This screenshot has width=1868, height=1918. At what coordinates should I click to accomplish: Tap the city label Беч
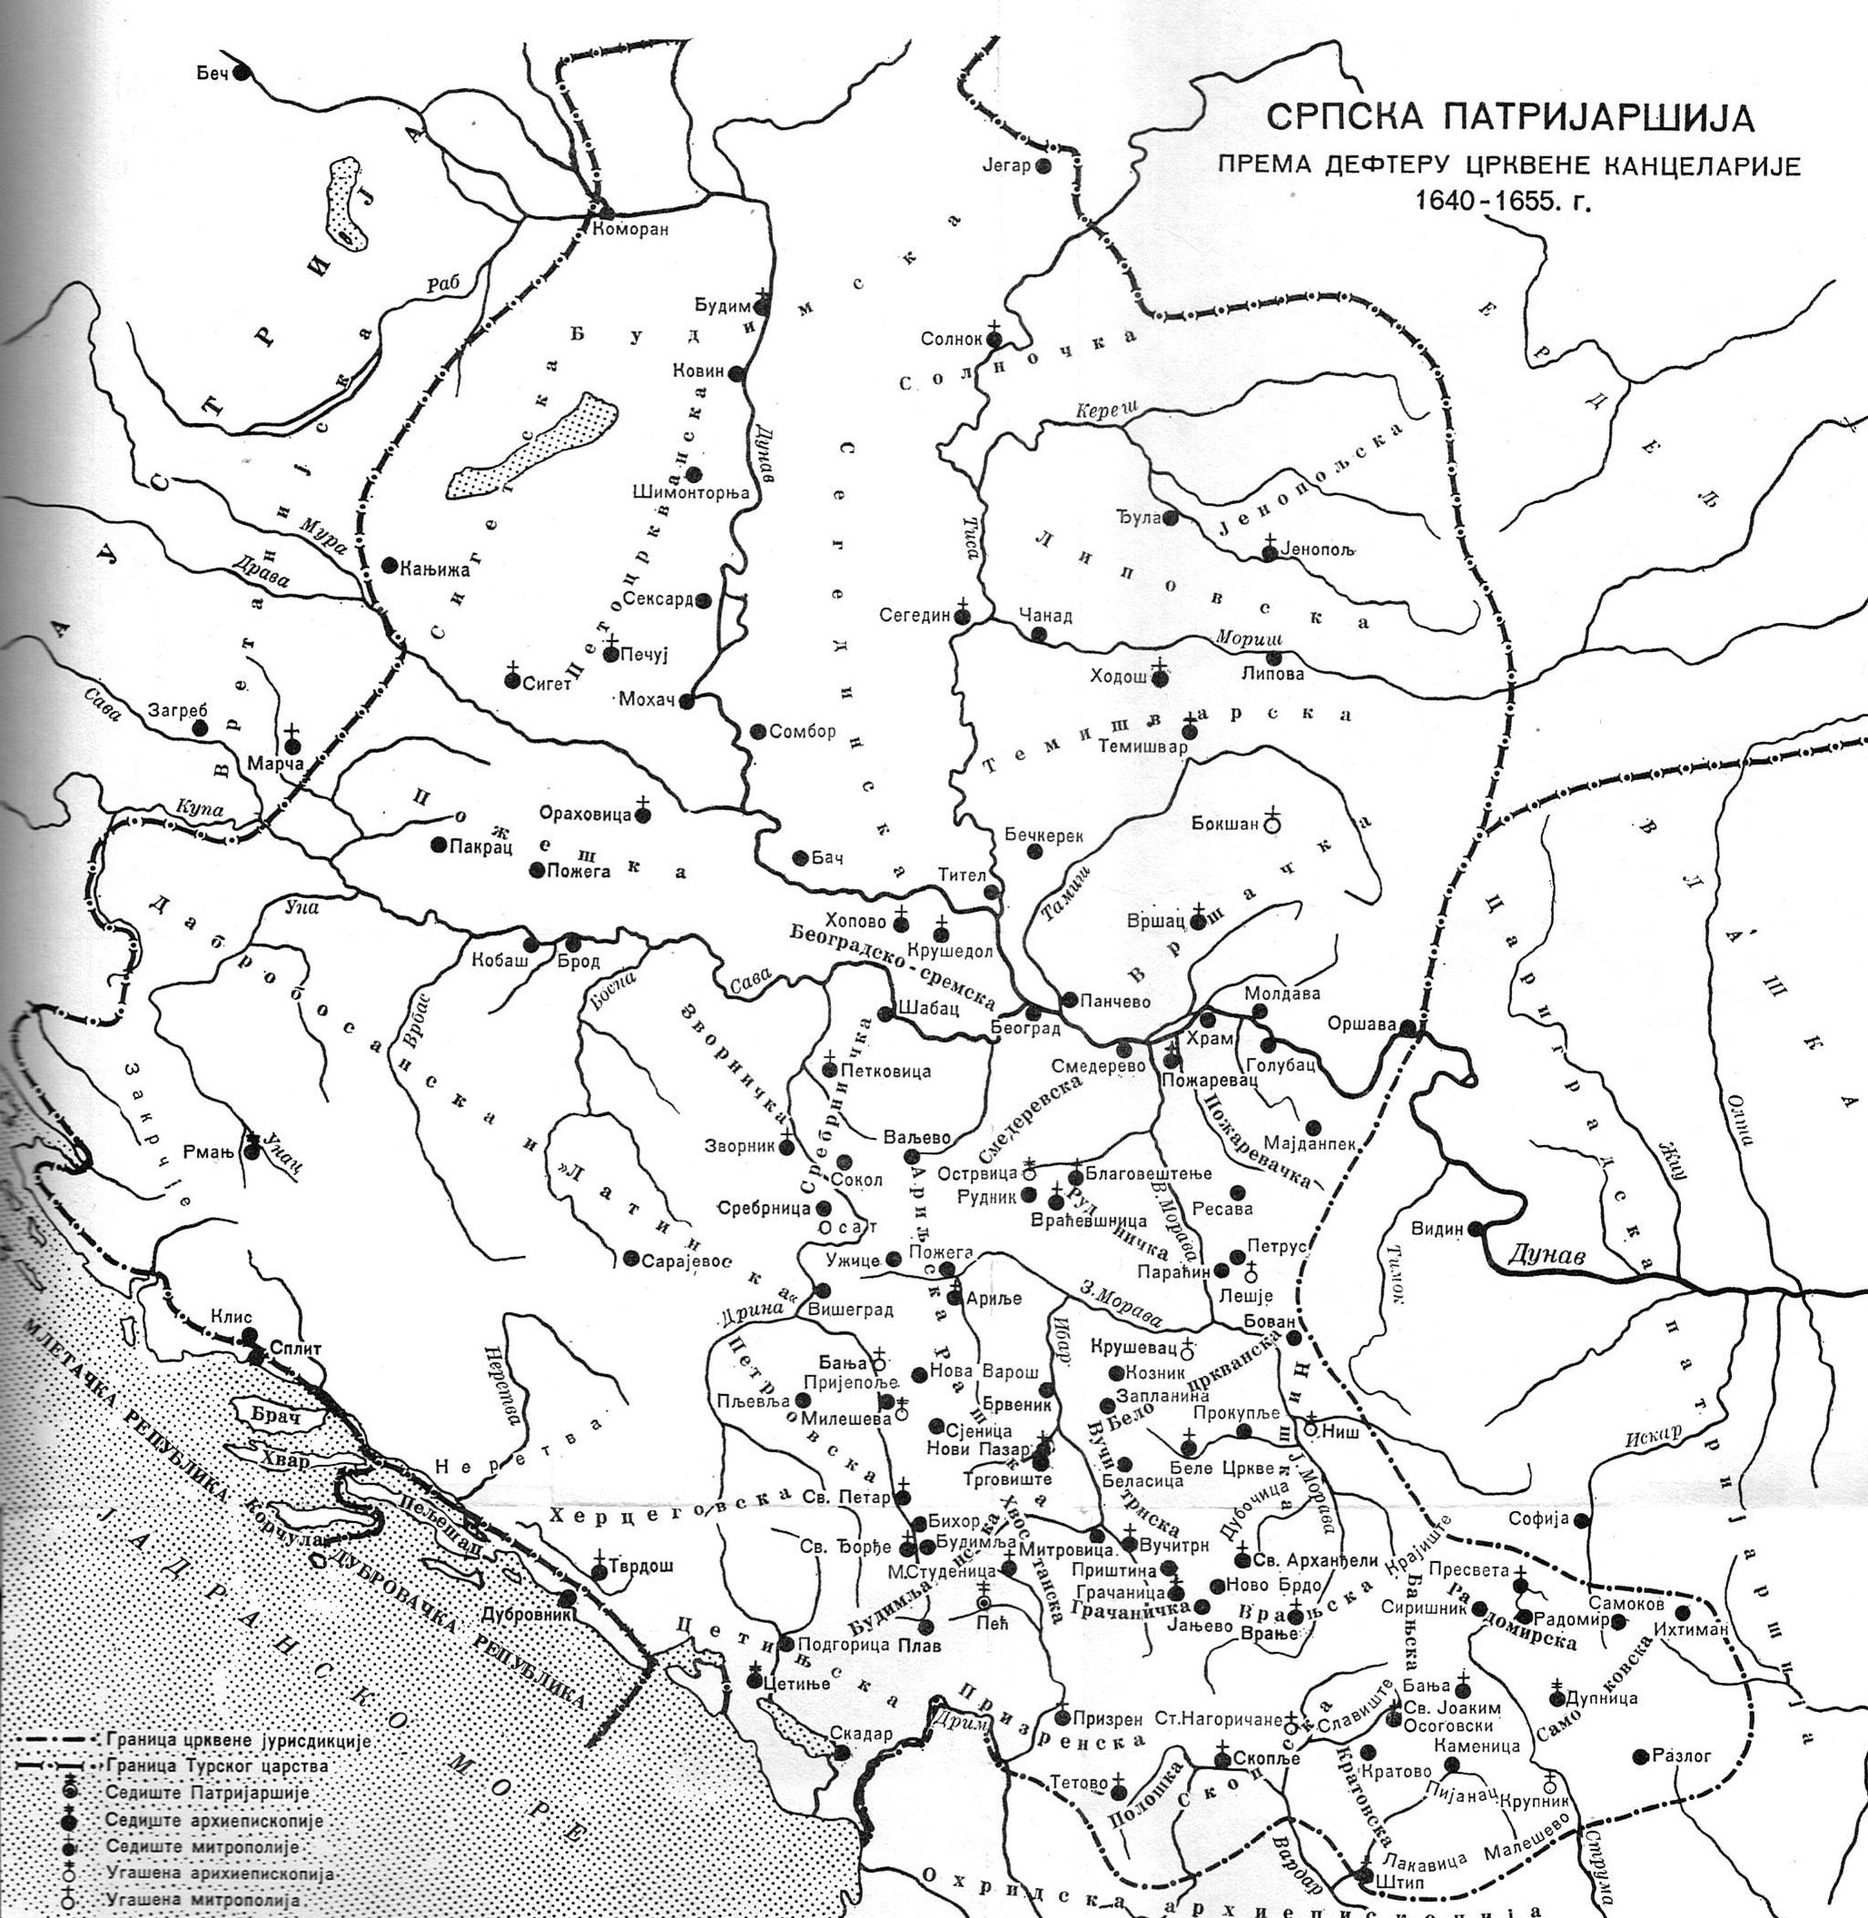(211, 74)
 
